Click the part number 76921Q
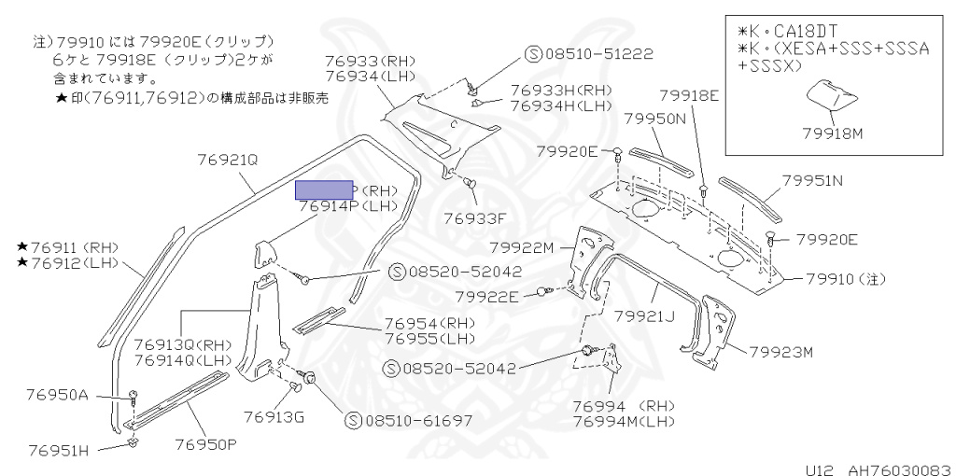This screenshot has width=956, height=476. (x=227, y=160)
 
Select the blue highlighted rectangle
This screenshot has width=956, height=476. (x=324, y=190)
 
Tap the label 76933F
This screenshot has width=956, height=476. (x=473, y=218)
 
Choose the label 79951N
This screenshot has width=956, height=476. (x=811, y=181)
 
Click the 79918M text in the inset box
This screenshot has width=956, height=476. (x=832, y=133)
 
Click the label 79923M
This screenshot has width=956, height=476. (x=781, y=352)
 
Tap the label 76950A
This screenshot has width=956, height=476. (x=57, y=395)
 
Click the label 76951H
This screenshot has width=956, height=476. (x=57, y=451)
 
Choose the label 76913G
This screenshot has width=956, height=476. (x=274, y=416)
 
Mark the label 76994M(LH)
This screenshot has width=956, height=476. (x=623, y=423)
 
